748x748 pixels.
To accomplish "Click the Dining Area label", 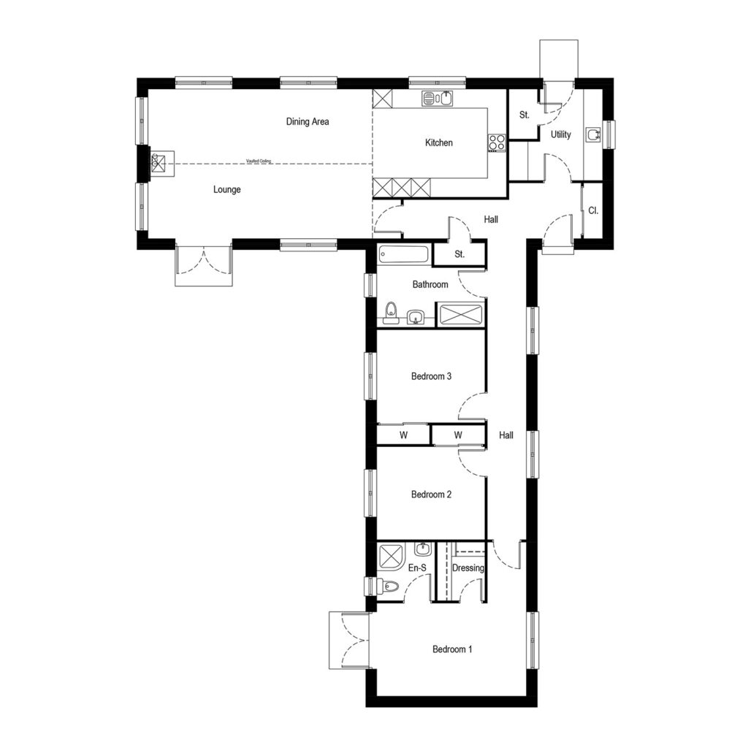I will (307, 122).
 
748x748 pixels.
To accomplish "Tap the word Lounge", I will (226, 190).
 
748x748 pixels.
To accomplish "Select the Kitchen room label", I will (438, 143).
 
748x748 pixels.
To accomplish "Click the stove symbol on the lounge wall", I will (161, 164).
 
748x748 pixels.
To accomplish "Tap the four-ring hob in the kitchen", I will (497, 143).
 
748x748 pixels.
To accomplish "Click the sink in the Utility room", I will (594, 134).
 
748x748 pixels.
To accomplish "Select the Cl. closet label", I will (593, 210).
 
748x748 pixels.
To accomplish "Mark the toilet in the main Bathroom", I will (391, 312).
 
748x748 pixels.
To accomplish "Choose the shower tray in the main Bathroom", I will (459, 313).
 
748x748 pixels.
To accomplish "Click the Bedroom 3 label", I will (431, 377).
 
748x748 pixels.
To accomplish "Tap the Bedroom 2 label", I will (431, 495).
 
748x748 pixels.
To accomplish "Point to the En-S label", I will (417, 568).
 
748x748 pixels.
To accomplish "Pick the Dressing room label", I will (467, 568).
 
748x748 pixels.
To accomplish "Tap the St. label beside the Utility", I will (524, 115).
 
